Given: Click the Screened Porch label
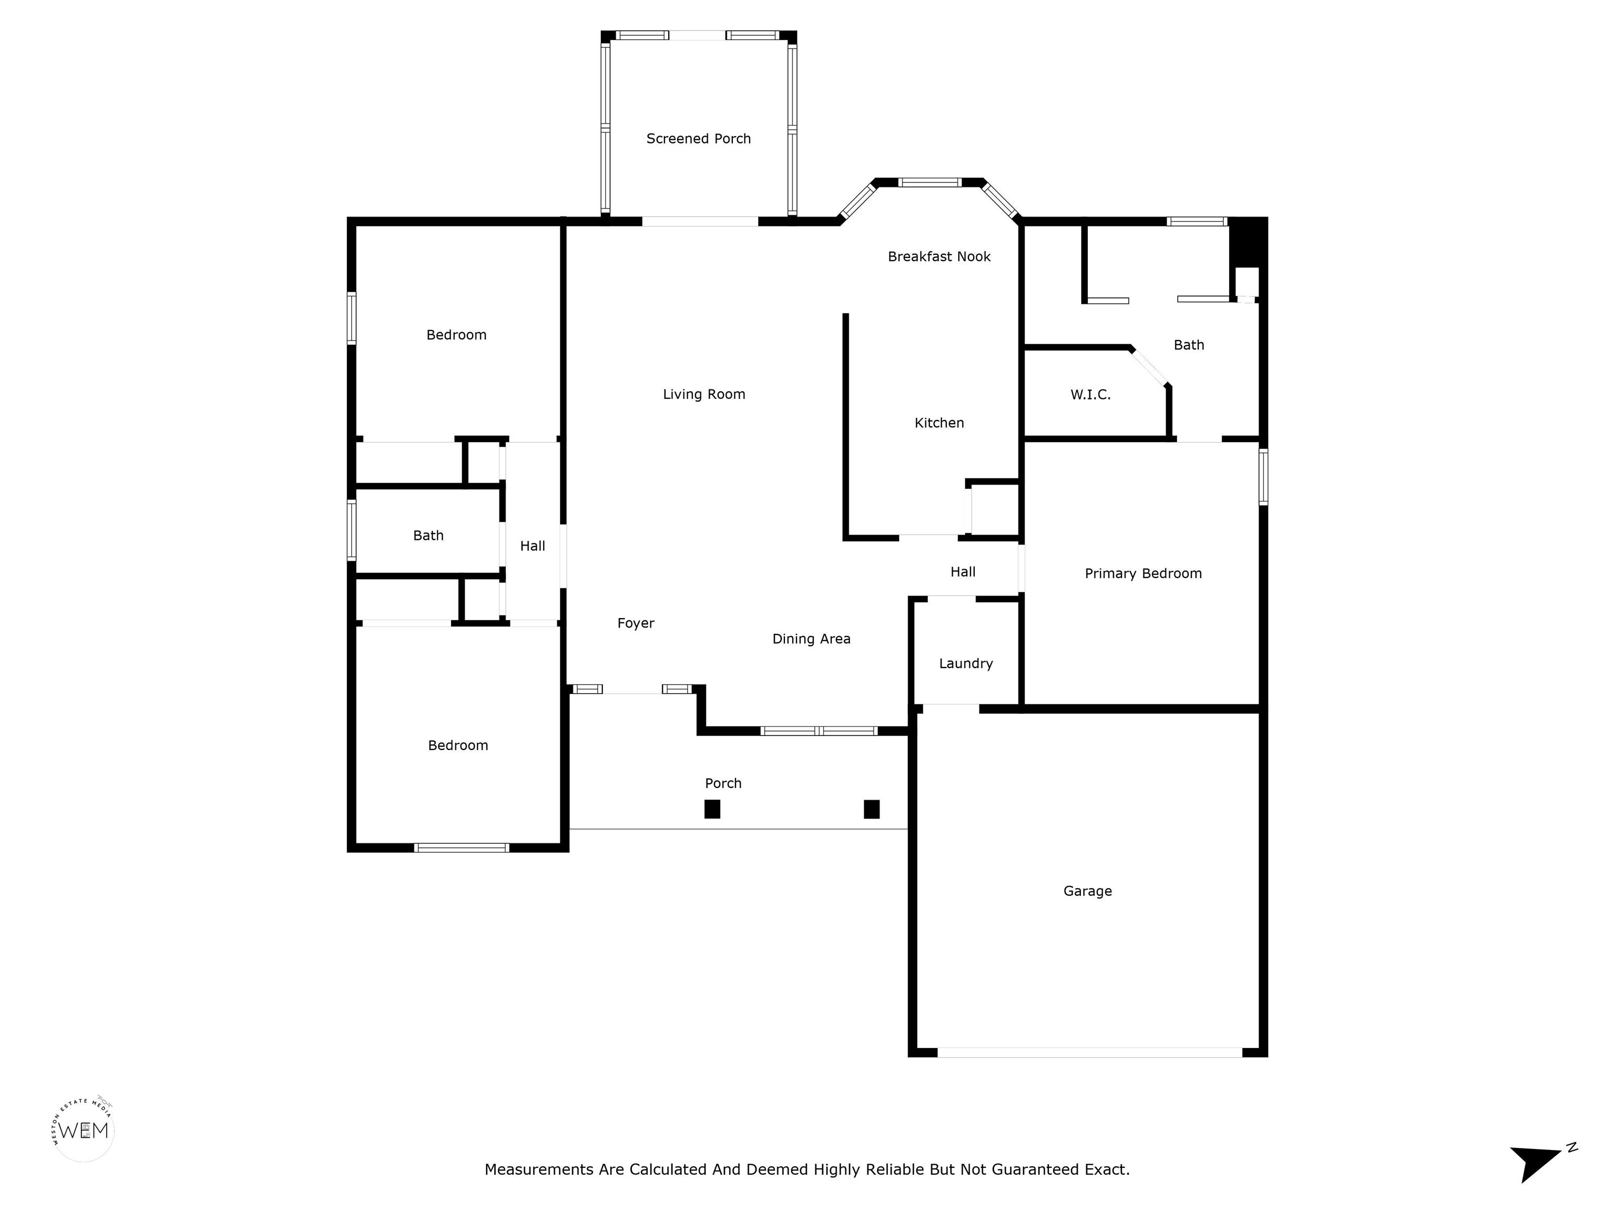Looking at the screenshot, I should (x=698, y=139).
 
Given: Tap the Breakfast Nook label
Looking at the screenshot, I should (x=939, y=256).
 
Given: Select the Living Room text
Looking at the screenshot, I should (x=704, y=394).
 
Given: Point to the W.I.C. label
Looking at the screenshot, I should (x=1090, y=395).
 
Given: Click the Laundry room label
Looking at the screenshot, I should (x=965, y=663).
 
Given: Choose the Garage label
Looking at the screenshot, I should (x=1087, y=890).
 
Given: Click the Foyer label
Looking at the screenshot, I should (x=635, y=623).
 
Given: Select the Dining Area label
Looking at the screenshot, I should (x=811, y=639).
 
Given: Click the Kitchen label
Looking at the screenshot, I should (x=939, y=423).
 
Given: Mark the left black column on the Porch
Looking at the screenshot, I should (x=712, y=809).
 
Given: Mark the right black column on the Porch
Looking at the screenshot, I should (x=871, y=809).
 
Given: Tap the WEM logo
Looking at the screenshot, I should (x=84, y=1130).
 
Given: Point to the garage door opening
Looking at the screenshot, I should (x=1089, y=1052).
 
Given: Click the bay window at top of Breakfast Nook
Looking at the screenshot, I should (x=929, y=182).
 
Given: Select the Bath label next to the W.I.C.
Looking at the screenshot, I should (x=1189, y=345).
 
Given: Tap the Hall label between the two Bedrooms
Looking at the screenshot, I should (x=532, y=546).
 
